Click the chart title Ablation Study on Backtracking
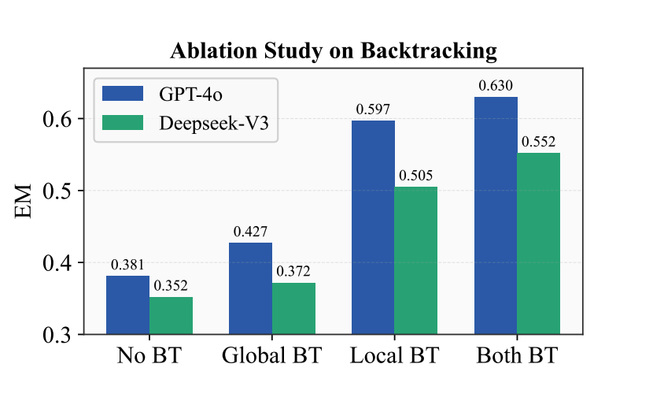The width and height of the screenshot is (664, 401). point(334,51)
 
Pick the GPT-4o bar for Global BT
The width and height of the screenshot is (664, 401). point(250,288)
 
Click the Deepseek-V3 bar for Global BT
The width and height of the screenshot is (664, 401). point(293,308)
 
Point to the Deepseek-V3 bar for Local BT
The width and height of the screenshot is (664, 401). point(416,260)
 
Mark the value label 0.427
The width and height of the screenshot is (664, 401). point(250,232)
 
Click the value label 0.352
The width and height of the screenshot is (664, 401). point(171,286)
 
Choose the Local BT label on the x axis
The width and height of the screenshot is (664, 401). point(394,355)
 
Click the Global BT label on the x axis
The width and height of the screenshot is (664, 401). point(271,355)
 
